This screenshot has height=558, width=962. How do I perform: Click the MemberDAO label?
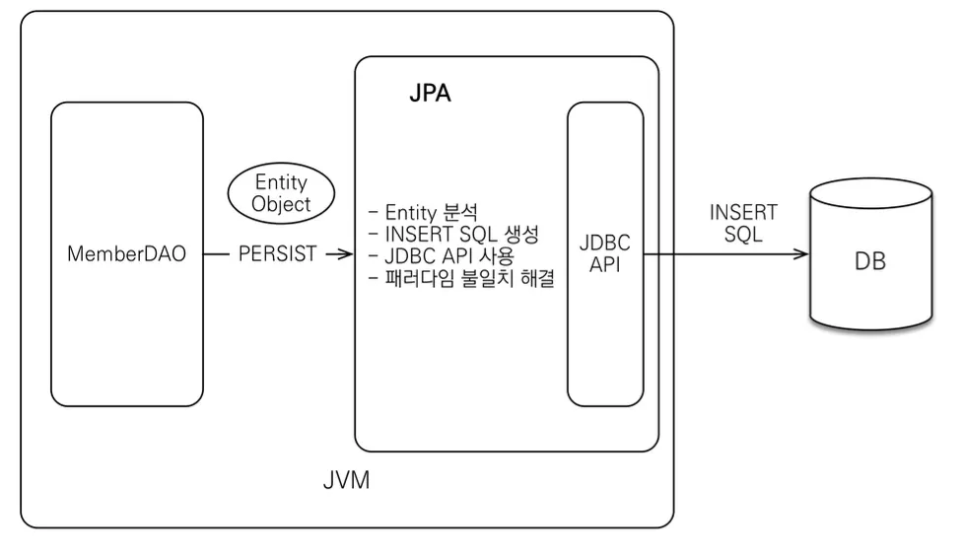[x=126, y=253]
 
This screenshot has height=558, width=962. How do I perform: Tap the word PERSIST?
[x=277, y=253]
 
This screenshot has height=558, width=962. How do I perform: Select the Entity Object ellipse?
[x=281, y=193]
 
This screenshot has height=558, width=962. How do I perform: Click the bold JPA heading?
[x=430, y=94]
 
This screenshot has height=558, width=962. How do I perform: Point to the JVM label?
[x=347, y=480]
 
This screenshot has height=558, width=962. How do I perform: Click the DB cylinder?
[x=870, y=254]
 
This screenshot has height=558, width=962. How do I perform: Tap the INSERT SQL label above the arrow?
[x=743, y=223]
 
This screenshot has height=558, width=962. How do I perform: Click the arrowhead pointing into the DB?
[x=801, y=253]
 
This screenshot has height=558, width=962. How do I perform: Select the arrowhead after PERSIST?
[x=346, y=253]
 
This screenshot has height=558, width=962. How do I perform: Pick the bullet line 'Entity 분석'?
[x=423, y=212]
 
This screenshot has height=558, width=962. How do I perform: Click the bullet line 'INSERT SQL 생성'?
[x=453, y=234]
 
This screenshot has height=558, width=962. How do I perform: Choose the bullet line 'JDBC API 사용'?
[x=442, y=256]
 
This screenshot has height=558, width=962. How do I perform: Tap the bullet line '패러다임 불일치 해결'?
[x=461, y=278]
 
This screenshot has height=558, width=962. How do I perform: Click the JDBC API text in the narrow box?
[x=605, y=253]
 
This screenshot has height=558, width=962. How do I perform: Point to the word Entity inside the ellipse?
[x=281, y=181]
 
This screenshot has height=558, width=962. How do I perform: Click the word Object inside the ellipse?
[x=281, y=204]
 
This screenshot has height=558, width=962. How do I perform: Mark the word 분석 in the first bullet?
[x=459, y=212]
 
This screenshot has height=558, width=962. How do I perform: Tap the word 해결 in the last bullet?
[x=537, y=278]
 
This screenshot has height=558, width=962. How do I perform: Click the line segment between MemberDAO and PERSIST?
[x=216, y=253]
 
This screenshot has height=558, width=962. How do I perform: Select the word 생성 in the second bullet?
[x=521, y=234]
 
